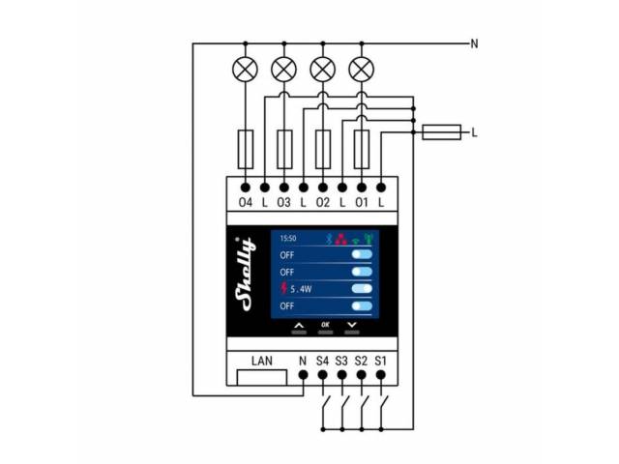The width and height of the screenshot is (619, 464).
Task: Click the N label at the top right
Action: click(x=474, y=43)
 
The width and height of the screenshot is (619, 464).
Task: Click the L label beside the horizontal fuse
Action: click(x=475, y=132)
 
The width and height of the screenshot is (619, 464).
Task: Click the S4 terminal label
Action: click(x=323, y=362)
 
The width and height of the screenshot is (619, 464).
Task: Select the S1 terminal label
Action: click(x=381, y=362)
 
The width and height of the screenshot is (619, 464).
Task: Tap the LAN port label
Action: click(x=262, y=362)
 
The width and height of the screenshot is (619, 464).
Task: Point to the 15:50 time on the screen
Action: click(x=289, y=237)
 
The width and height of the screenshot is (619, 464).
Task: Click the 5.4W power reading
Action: click(x=308, y=288)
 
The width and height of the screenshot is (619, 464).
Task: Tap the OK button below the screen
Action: click(x=325, y=325)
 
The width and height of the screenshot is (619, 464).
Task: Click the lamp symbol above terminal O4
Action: click(x=245, y=69)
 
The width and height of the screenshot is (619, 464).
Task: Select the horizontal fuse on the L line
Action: click(x=443, y=132)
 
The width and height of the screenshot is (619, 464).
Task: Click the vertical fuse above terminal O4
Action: click(x=245, y=148)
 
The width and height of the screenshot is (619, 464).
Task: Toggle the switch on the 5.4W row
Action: click(x=363, y=288)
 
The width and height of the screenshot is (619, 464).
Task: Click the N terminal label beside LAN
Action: click(x=303, y=362)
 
